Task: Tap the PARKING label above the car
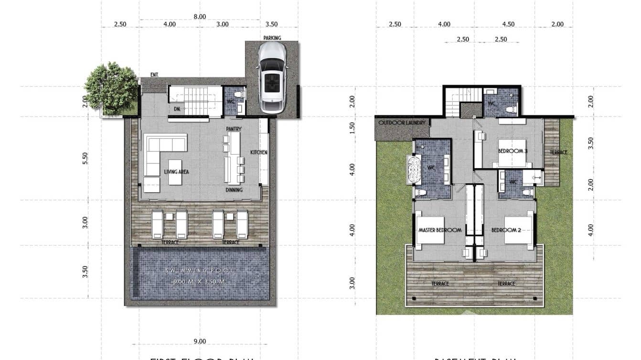[x=272, y=38]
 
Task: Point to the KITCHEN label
[x=259, y=152]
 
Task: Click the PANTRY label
[x=234, y=129]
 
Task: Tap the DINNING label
[x=234, y=190]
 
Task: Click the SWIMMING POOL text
[x=200, y=271]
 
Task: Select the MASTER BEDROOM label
[x=439, y=230]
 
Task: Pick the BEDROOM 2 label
[x=506, y=230]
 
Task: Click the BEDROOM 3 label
[x=513, y=151]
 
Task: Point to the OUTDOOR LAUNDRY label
[x=402, y=123]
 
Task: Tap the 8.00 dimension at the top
[x=200, y=16]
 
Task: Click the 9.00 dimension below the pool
[x=200, y=341]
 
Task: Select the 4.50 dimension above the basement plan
[x=508, y=24]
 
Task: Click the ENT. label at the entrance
[x=154, y=74]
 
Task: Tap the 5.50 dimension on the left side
[x=85, y=158]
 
